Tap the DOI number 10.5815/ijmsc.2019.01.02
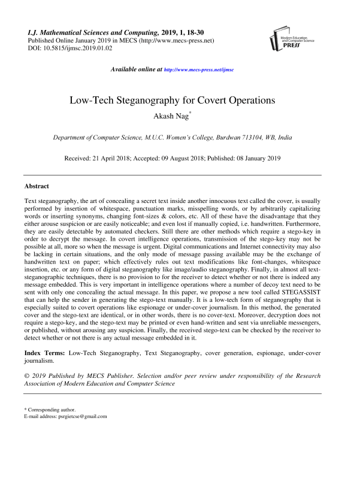pos(78,47)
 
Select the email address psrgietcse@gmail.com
pos(79,416)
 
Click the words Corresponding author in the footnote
pos(52,409)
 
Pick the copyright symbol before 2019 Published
pos(27,376)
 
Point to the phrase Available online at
pos(137,69)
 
